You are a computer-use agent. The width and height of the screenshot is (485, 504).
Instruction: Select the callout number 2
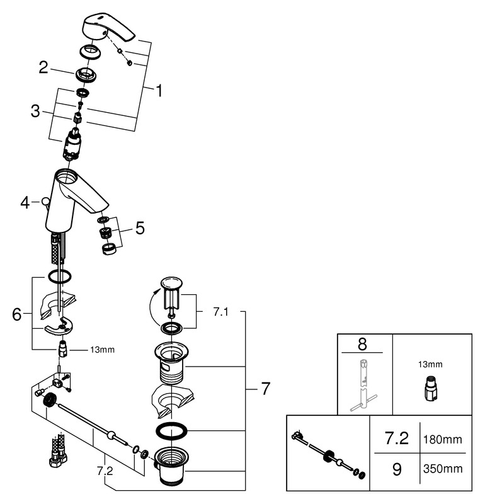point(43,67)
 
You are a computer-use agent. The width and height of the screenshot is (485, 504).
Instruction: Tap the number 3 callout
point(36,112)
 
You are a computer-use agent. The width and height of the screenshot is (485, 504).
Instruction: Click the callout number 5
point(139,228)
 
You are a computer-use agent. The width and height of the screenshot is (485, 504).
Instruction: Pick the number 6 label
point(18,313)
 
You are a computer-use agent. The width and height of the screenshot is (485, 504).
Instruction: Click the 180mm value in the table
point(445,438)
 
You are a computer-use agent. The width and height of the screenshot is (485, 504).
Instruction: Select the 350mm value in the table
point(445,469)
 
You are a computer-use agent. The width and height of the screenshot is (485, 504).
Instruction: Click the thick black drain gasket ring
point(171,432)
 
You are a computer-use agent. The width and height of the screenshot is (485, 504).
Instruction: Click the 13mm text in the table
point(430,364)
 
